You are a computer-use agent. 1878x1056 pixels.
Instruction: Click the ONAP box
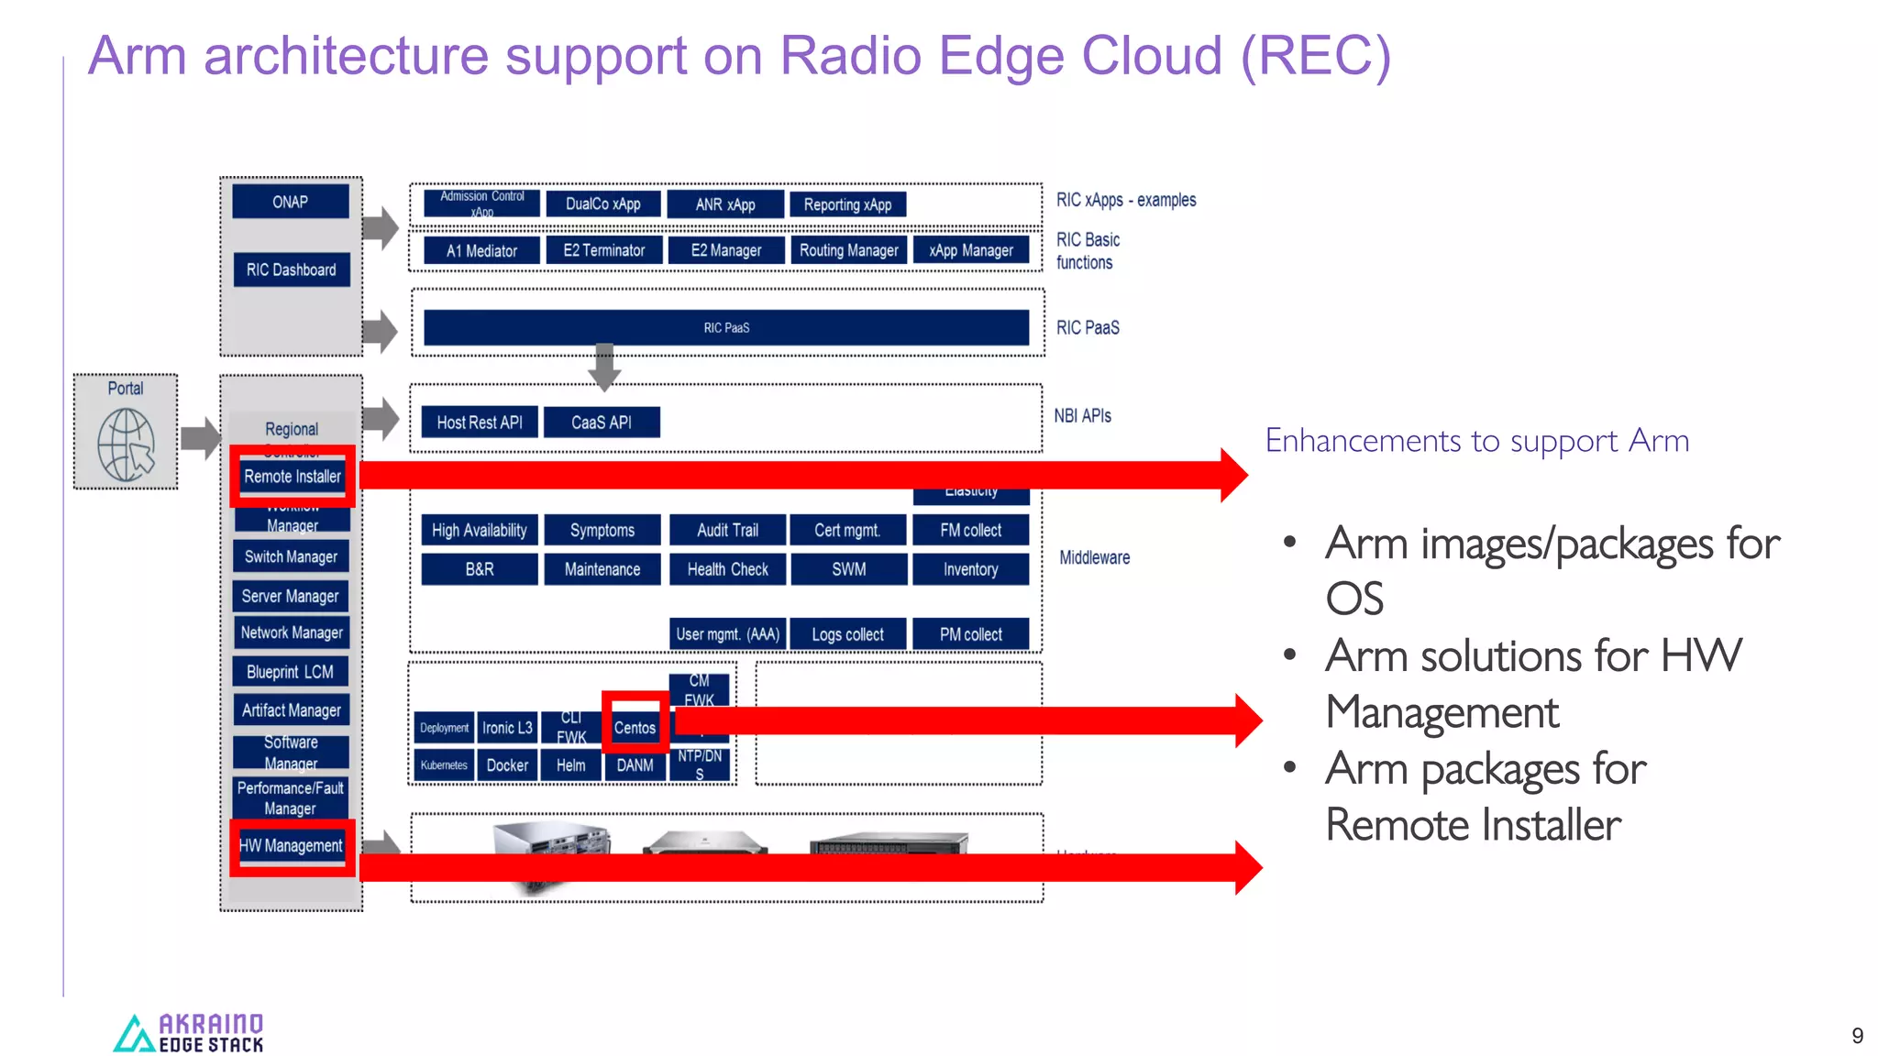click(290, 202)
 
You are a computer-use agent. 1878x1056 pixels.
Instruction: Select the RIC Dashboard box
click(291, 269)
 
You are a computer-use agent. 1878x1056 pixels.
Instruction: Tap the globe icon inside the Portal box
click(126, 445)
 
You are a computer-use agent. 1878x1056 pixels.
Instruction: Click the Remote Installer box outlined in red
click(292, 477)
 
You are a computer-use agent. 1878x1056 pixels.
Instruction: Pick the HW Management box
click(291, 846)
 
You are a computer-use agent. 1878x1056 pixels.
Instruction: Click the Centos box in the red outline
click(635, 728)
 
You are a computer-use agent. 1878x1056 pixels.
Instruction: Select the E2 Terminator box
click(603, 250)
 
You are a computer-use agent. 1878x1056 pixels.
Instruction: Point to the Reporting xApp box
click(847, 204)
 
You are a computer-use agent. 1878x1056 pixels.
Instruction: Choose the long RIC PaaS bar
click(725, 327)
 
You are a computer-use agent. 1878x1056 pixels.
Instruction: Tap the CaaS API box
click(601, 423)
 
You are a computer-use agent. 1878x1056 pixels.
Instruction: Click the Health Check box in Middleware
click(727, 569)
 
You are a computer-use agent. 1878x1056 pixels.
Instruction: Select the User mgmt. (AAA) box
click(727, 634)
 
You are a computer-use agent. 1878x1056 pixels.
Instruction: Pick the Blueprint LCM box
click(290, 672)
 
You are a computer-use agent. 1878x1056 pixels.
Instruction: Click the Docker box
click(506, 765)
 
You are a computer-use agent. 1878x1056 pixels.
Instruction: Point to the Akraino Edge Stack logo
click(188, 1033)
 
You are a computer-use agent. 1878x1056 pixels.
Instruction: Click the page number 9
click(1857, 1036)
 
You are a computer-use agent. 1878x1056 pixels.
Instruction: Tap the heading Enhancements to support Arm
click(1476, 441)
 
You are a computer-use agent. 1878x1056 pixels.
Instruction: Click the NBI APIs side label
click(1082, 416)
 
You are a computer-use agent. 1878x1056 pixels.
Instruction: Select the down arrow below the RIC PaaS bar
click(604, 366)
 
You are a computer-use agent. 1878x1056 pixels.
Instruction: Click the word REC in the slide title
click(1315, 56)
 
